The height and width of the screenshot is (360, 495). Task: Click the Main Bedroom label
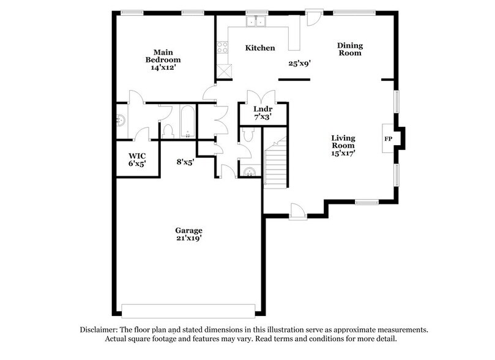[x=163, y=56]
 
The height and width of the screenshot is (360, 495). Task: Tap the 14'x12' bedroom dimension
[x=163, y=68]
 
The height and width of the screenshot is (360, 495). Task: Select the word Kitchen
[x=260, y=48]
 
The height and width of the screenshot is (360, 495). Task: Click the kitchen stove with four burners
[x=222, y=48]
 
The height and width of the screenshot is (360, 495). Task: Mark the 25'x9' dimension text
[x=300, y=62]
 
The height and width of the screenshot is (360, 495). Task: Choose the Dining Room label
[x=350, y=49]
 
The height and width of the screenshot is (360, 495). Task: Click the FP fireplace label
[x=388, y=139]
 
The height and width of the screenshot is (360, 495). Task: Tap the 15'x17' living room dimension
[x=343, y=153]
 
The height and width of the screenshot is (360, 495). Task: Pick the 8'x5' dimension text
[x=185, y=162]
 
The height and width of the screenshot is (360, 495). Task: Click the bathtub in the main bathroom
[x=187, y=122]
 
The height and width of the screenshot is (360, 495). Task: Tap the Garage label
[x=188, y=230]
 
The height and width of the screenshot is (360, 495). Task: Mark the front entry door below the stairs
[x=298, y=212]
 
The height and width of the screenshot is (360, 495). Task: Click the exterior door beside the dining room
[x=313, y=17]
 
